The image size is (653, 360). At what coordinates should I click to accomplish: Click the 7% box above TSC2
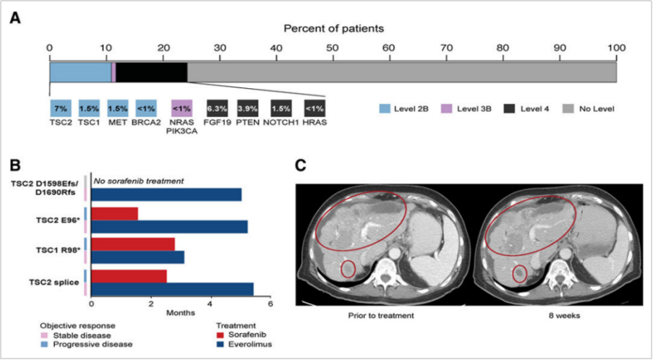(x=60, y=108)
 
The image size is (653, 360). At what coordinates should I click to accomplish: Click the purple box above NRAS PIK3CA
(x=181, y=108)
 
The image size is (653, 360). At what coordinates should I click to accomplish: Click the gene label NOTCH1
(x=282, y=123)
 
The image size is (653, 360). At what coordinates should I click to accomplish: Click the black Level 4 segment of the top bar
(x=151, y=72)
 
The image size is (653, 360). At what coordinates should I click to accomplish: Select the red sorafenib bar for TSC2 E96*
(x=114, y=214)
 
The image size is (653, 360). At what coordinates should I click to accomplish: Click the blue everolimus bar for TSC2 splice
(x=172, y=289)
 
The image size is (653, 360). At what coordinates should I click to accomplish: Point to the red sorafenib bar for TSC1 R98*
(x=132, y=245)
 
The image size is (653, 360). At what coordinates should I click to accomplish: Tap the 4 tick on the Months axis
(x=210, y=304)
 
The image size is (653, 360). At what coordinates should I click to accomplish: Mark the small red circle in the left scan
(x=349, y=270)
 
